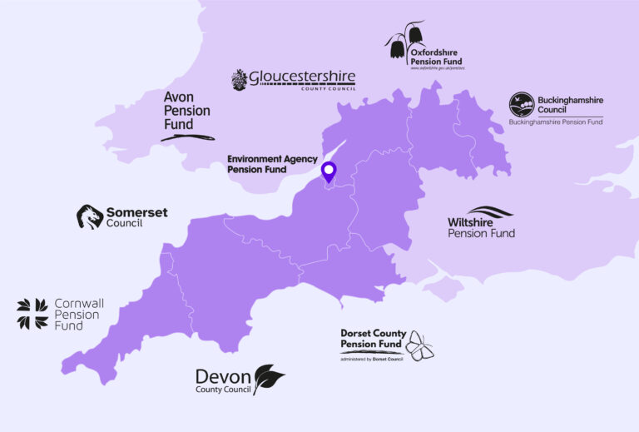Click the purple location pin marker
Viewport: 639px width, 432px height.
[x=329, y=172]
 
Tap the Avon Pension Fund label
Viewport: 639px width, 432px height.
[x=186, y=110]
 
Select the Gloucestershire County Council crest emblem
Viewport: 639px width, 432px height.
[x=240, y=80]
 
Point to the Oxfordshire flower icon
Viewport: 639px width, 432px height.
[x=405, y=42]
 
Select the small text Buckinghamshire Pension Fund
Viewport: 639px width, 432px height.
[x=556, y=122]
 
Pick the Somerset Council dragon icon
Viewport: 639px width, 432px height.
[x=90, y=216]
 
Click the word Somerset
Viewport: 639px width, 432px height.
[x=136, y=212]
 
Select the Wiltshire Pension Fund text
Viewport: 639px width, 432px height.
[x=481, y=227]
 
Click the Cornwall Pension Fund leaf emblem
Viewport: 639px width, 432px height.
[x=32, y=313]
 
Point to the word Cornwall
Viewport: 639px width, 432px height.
[x=79, y=304]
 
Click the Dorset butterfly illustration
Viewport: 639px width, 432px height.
[x=419, y=346]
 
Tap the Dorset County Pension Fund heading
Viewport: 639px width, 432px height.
[x=373, y=338]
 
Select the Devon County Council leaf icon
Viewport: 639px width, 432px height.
[x=268, y=379]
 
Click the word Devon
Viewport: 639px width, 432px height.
[x=223, y=375]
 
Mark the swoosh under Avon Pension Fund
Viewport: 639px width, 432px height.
[x=187, y=137]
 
